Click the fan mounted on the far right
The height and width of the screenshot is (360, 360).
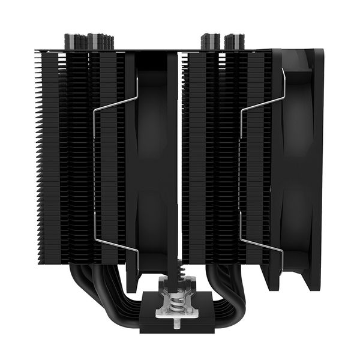point(300,168)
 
